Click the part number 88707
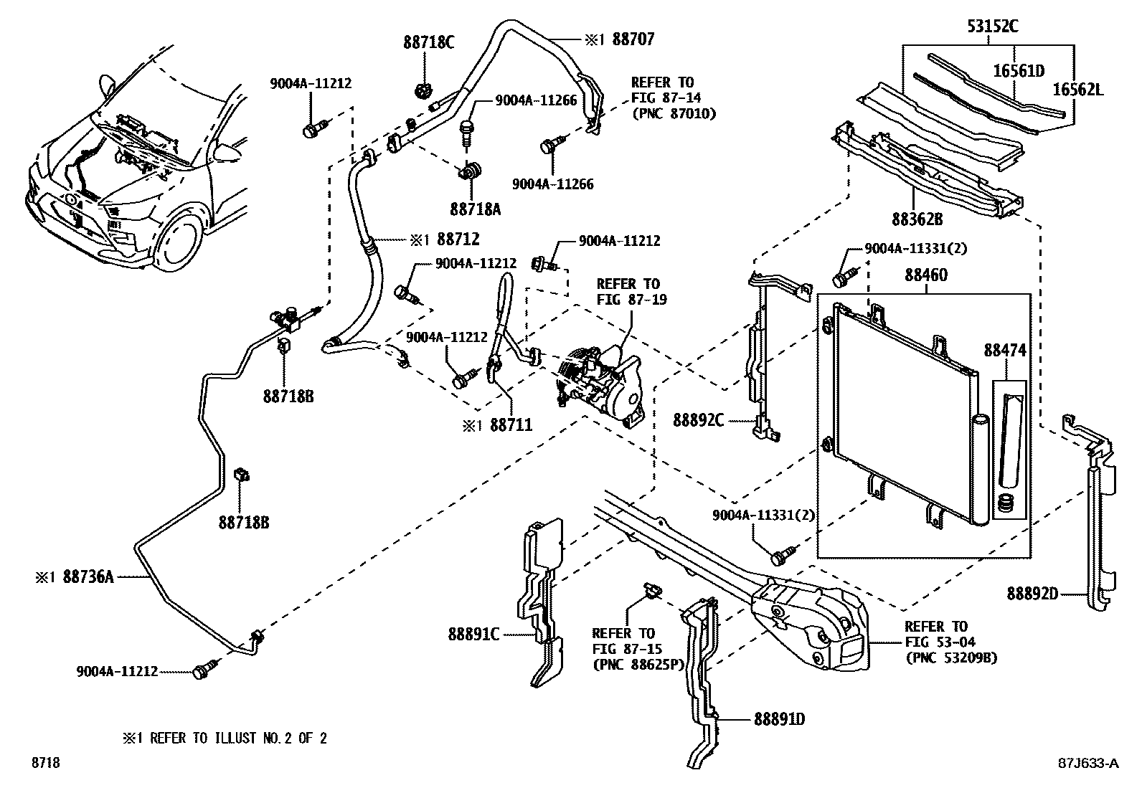pyautogui.click(x=631, y=40)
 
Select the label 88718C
pyautogui.click(x=428, y=42)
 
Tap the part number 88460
pyautogui.click(x=925, y=275)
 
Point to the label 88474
pyautogui.click(x=1005, y=351)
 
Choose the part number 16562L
pyautogui.click(x=1078, y=90)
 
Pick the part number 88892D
pyautogui.click(x=1032, y=593)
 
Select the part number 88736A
pyautogui.click(x=88, y=576)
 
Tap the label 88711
pyautogui.click(x=511, y=424)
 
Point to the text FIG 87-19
pyautogui.click(x=631, y=299)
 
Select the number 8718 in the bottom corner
pyautogui.click(x=44, y=764)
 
